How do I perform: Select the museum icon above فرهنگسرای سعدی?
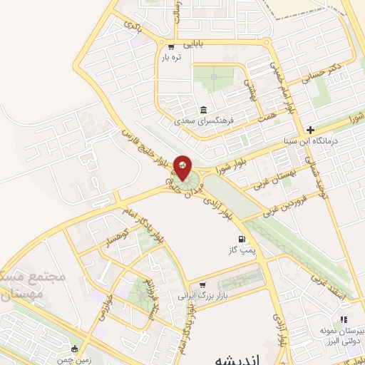(205, 110)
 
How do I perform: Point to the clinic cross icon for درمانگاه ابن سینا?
(309, 130)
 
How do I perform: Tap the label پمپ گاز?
(241, 250)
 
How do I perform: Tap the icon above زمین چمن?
(76, 349)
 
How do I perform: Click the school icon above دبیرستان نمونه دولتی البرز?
(342, 320)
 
